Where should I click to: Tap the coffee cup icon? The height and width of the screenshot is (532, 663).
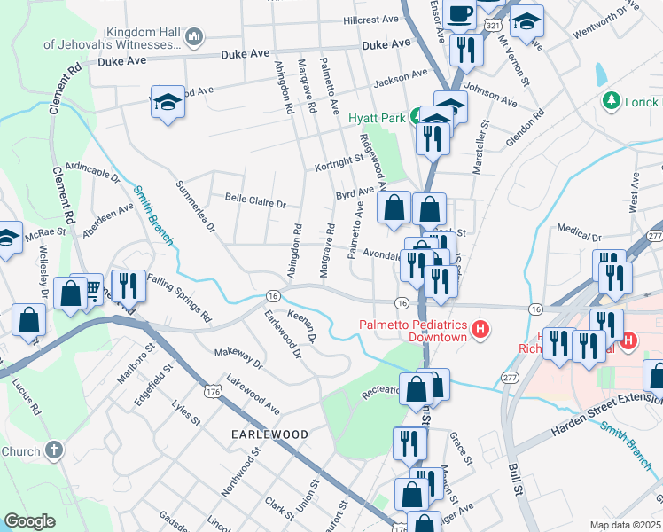[x=460, y=14]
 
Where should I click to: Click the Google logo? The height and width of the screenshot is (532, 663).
[x=29, y=521]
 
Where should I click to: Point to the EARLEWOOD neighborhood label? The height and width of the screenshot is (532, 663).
[x=269, y=434]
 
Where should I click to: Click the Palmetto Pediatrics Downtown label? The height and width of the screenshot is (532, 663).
[x=413, y=331]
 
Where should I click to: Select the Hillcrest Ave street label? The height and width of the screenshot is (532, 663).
[x=373, y=19]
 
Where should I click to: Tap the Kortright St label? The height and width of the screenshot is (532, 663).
[x=339, y=164]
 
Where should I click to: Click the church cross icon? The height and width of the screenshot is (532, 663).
[x=53, y=451]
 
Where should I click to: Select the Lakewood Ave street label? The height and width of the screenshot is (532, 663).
[x=253, y=395]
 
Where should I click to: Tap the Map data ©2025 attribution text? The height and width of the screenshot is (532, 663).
[x=625, y=525]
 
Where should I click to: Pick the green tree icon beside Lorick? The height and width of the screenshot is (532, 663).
[x=610, y=102]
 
